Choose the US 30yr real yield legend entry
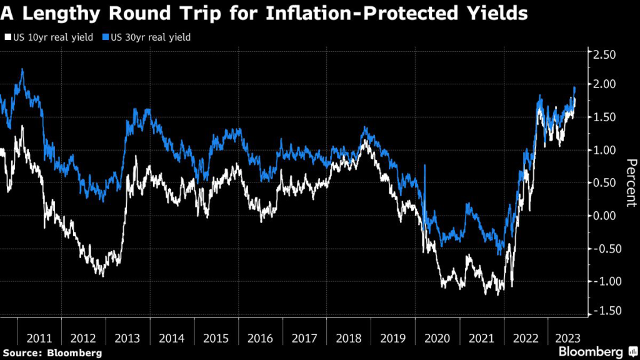(148, 37)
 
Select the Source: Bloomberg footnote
(51, 353)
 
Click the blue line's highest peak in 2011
(22, 70)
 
